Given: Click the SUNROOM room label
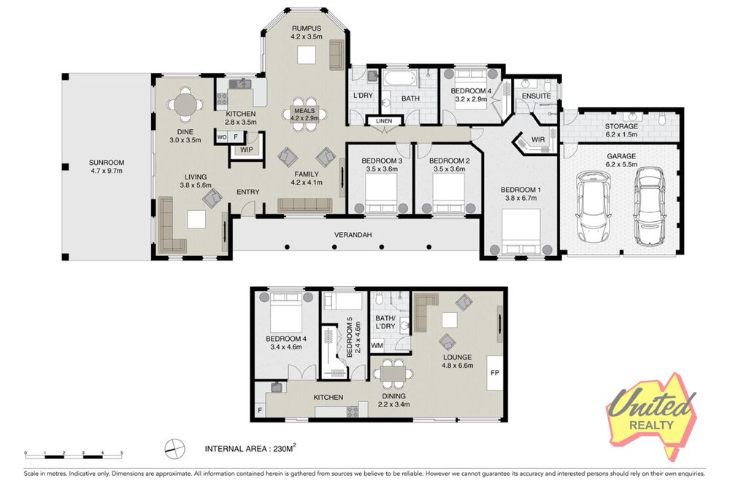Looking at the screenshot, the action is coord(107,163).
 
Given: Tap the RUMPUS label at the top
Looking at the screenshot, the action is coord(307,28).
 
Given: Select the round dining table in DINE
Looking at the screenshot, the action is coord(185,105).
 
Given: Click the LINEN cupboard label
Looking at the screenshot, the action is coord(384,121).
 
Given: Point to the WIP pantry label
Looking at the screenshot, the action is coord(246,150).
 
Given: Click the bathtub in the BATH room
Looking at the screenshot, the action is coord(399,79).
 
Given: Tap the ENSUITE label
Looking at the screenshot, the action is coord(537,96).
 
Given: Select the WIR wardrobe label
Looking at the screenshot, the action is coord(538,139).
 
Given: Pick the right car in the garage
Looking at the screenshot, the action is coord(651,207).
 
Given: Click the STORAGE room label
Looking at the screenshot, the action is coord(621,126).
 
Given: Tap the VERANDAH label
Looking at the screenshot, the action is coord(353,235).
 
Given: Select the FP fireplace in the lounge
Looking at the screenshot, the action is coord(495,373).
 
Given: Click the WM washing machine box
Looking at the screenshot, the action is coord(377,346).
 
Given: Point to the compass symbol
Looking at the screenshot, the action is coord(174,449).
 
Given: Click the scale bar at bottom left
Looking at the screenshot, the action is coord(74,453).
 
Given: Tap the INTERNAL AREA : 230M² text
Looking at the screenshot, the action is coord(250,448).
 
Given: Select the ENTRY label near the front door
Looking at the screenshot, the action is coord(247,192).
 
